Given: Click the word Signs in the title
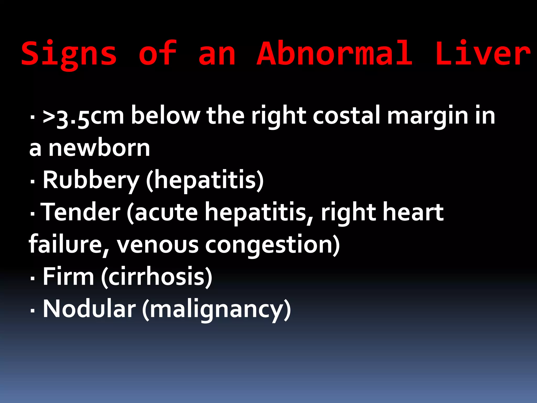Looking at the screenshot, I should point(69,54).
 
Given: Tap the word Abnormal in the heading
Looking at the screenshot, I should point(334,54).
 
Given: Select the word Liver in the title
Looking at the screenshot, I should point(483,54).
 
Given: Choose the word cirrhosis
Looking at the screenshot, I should point(157,277).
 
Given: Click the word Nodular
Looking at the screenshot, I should point(89,309).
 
